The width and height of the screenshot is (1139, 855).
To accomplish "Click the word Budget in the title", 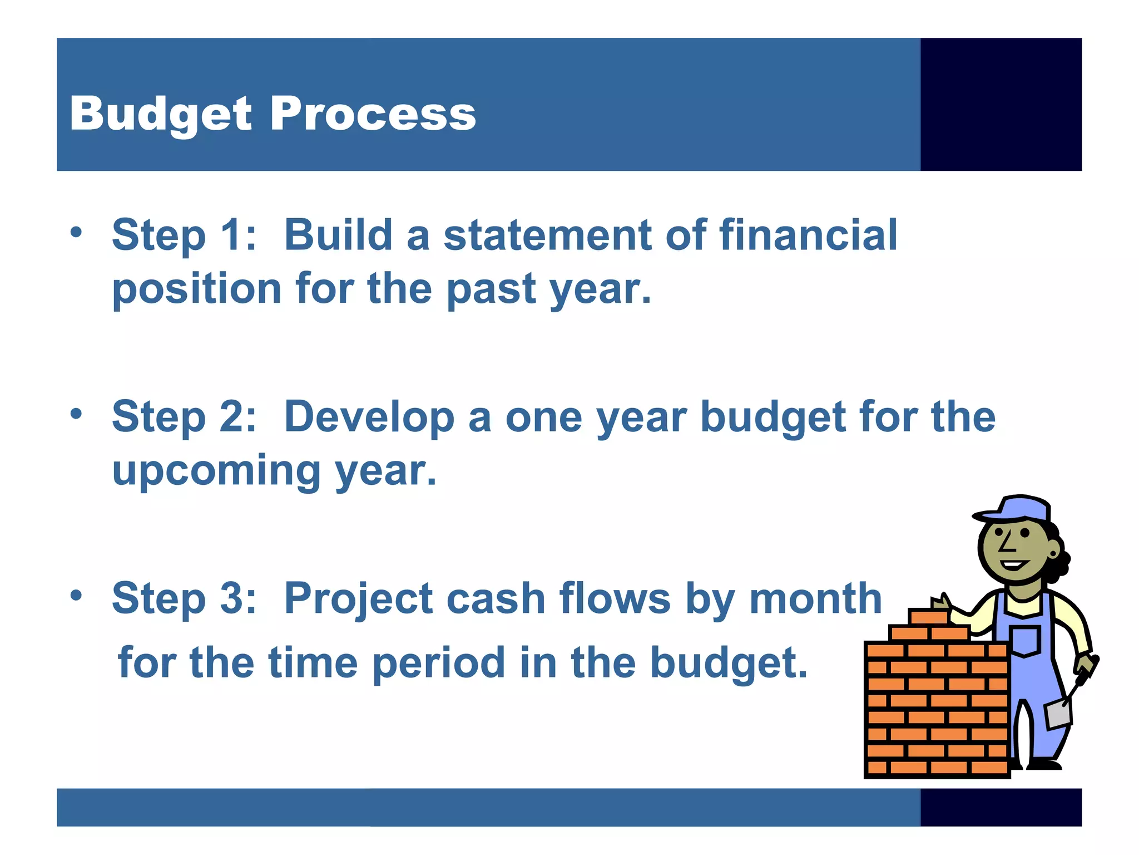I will point(161,114).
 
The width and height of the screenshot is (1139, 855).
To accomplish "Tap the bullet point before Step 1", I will point(76,232).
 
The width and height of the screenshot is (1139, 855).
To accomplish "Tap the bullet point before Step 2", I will point(76,414).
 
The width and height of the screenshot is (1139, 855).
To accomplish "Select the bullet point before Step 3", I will point(76,595).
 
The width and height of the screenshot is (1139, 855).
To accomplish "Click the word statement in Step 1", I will point(547,235).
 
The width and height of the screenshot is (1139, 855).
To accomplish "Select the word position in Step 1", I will point(197,289).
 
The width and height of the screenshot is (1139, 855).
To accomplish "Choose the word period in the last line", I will point(438,663).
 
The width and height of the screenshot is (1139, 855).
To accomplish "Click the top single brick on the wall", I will point(928,616).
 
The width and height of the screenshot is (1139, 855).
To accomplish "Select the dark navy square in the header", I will point(1001,104).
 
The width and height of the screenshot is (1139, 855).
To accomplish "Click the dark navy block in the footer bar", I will point(1001,807).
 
